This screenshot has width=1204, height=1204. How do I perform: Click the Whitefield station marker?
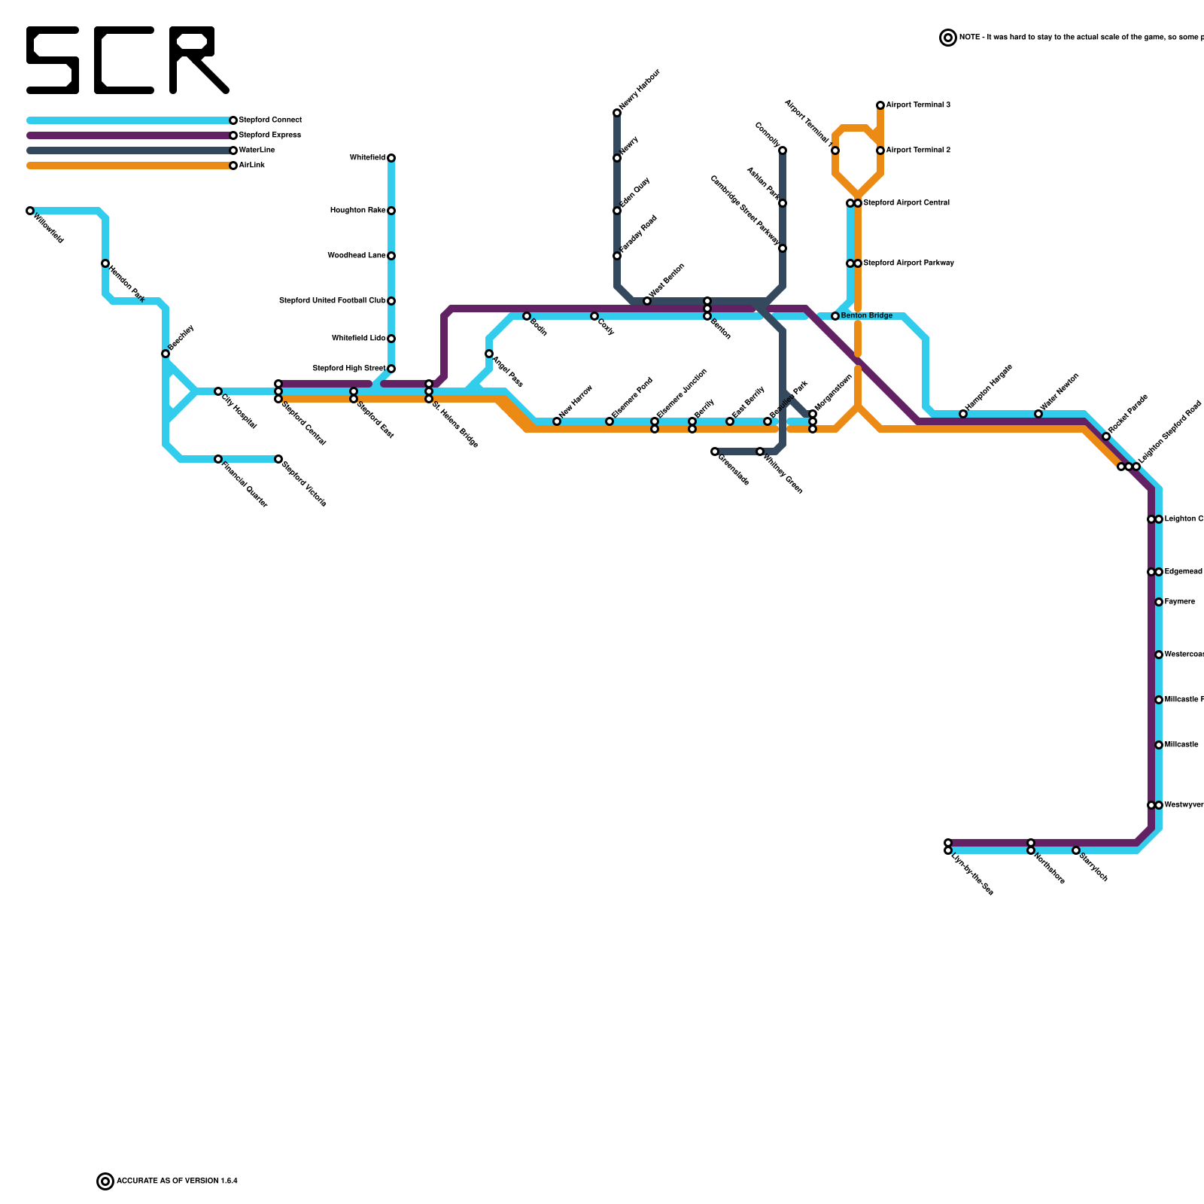pyautogui.click(x=391, y=158)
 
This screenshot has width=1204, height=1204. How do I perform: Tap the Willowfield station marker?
pyautogui.click(x=30, y=211)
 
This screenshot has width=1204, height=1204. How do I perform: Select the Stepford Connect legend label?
pyautogui.click(x=270, y=120)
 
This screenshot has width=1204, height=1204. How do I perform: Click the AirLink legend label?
pyautogui.click(x=251, y=166)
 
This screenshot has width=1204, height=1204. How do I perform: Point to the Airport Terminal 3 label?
pyautogui.click(x=918, y=105)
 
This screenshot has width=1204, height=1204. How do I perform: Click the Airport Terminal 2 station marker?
pyautogui.click(x=880, y=150)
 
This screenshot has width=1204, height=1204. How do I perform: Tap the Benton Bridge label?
pyautogui.click(x=867, y=316)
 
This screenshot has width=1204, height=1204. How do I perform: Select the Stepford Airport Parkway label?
pyautogui.click(x=908, y=263)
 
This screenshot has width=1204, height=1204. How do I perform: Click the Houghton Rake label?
pyautogui.click(x=357, y=211)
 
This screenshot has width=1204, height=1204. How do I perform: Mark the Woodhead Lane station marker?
pyautogui.click(x=391, y=256)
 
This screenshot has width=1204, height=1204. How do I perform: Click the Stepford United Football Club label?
pyautogui.click(x=333, y=301)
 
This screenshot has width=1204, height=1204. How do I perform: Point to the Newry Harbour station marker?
pyautogui.click(x=617, y=113)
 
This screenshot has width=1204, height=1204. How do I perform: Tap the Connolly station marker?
pyautogui.click(x=783, y=150)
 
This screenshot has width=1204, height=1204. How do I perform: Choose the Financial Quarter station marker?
pyautogui.click(x=218, y=459)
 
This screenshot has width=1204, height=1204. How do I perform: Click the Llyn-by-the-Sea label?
pyautogui.click(x=972, y=874)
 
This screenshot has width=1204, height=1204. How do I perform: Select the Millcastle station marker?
pyautogui.click(x=1159, y=745)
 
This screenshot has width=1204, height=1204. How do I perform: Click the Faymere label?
pyautogui.click(x=1179, y=602)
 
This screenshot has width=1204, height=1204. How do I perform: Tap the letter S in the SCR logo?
pyautogui.click(x=53, y=60)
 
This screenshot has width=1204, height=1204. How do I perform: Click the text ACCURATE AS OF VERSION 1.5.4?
pyautogui.click(x=177, y=1181)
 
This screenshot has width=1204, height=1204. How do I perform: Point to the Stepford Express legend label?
pyautogui.click(x=269, y=135)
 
